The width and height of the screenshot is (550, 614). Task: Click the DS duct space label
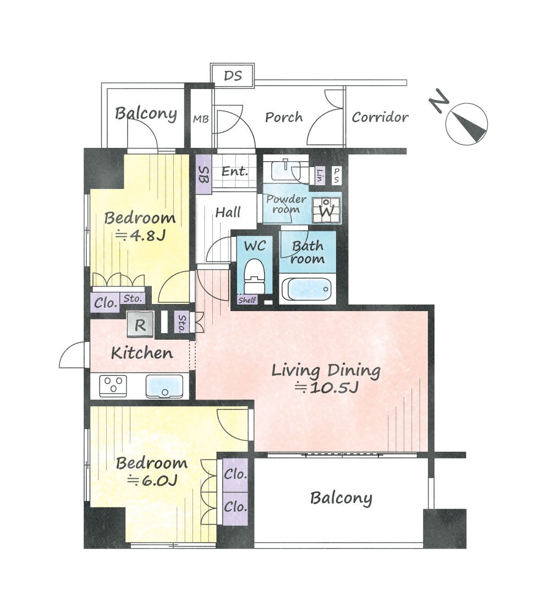[233, 75]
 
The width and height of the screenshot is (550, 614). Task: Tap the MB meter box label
[201, 119]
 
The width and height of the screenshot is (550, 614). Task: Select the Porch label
[284, 117]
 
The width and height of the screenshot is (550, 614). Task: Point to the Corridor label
[380, 117]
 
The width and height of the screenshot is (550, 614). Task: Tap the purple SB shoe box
[204, 175]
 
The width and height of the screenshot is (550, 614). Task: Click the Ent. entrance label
[235, 171]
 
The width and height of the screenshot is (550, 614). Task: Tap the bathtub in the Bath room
[307, 290]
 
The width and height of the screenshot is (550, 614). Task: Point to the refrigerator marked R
[140, 324]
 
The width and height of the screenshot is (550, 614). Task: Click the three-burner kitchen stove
[113, 386]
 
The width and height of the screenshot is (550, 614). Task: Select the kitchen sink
[164, 386]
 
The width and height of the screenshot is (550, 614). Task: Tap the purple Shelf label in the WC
[247, 300]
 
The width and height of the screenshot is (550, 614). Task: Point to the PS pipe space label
[336, 175]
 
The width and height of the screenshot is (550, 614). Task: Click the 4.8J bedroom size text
[141, 235]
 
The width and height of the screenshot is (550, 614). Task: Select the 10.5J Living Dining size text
[326, 388]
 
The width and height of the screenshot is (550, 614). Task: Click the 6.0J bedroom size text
[152, 480]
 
